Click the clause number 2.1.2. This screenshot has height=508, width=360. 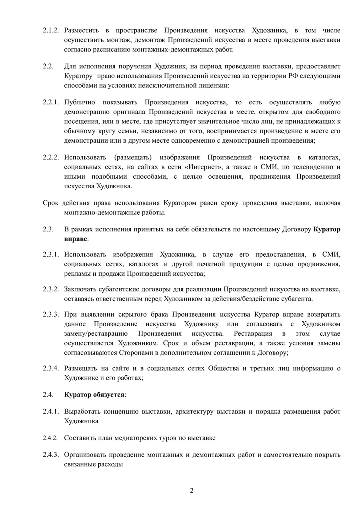[51, 30]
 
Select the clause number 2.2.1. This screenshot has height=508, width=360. [51, 102]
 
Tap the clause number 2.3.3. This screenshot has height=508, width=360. [51, 314]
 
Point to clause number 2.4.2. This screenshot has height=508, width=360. [51, 438]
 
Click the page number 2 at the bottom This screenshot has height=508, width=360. [192, 491]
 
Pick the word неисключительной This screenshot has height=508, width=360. [164, 85]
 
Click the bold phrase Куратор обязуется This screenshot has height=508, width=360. [94, 394]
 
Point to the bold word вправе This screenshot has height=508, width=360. [75, 239]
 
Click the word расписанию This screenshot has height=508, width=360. [116, 50]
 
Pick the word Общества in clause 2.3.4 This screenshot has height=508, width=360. [223, 368]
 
